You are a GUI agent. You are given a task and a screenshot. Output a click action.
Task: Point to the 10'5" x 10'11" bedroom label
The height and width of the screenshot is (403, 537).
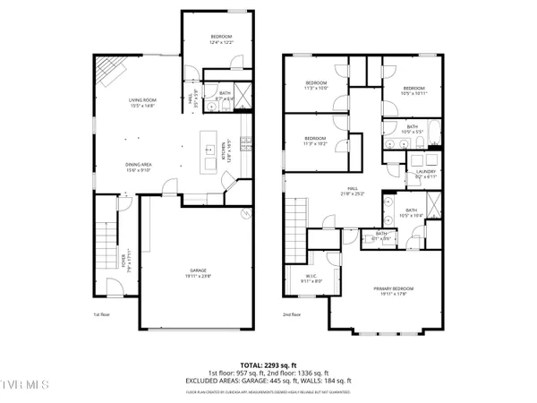tap(414, 90)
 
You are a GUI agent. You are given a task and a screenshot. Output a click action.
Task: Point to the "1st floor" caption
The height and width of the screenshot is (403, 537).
tap(101, 315)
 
